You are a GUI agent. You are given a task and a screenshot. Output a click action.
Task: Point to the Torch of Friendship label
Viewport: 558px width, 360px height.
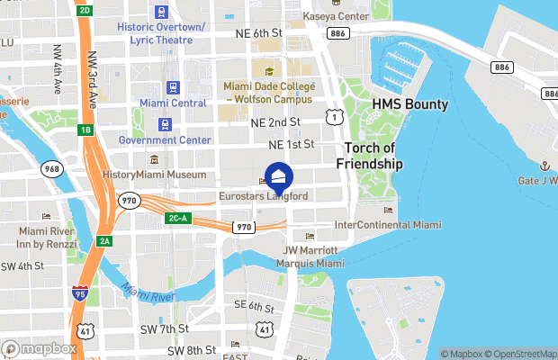(369, 156)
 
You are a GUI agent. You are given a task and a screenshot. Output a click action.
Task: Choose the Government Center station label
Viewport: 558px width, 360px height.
(164, 139)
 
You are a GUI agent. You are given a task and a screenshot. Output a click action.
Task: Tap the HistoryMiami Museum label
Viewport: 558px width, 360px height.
(155, 174)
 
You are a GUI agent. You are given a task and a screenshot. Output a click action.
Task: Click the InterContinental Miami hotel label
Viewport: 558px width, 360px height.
(388, 223)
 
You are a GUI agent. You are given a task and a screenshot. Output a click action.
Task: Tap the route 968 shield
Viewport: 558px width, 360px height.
(53, 168)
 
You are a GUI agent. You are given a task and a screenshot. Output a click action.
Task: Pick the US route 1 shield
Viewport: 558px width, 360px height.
(333, 116)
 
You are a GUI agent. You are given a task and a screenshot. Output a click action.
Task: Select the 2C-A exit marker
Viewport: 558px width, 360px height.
(177, 218)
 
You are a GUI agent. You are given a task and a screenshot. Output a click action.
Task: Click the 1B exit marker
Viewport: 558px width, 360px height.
(86, 130)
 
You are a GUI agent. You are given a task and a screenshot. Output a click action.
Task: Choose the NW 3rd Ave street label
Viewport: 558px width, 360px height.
(94, 76)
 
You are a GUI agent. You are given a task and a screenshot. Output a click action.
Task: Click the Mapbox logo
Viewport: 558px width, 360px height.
(39, 348)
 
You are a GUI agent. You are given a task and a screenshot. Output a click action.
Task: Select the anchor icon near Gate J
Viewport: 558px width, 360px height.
(544, 166)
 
